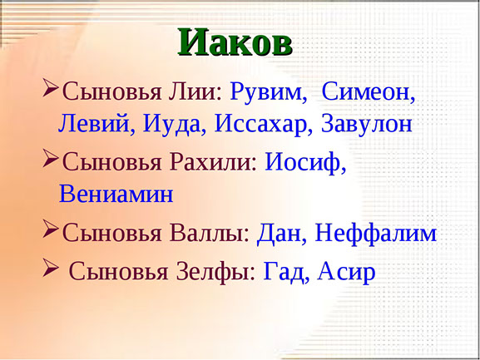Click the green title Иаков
[x=235, y=42]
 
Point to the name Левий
[x=93, y=123]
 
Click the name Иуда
[x=171, y=124]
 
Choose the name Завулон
[x=367, y=124]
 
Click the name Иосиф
[x=303, y=162]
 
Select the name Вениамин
[x=116, y=194]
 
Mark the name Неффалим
[x=376, y=234]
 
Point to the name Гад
[x=283, y=272]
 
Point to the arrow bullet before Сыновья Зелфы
[x=51, y=268]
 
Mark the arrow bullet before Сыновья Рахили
[x=51, y=158]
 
